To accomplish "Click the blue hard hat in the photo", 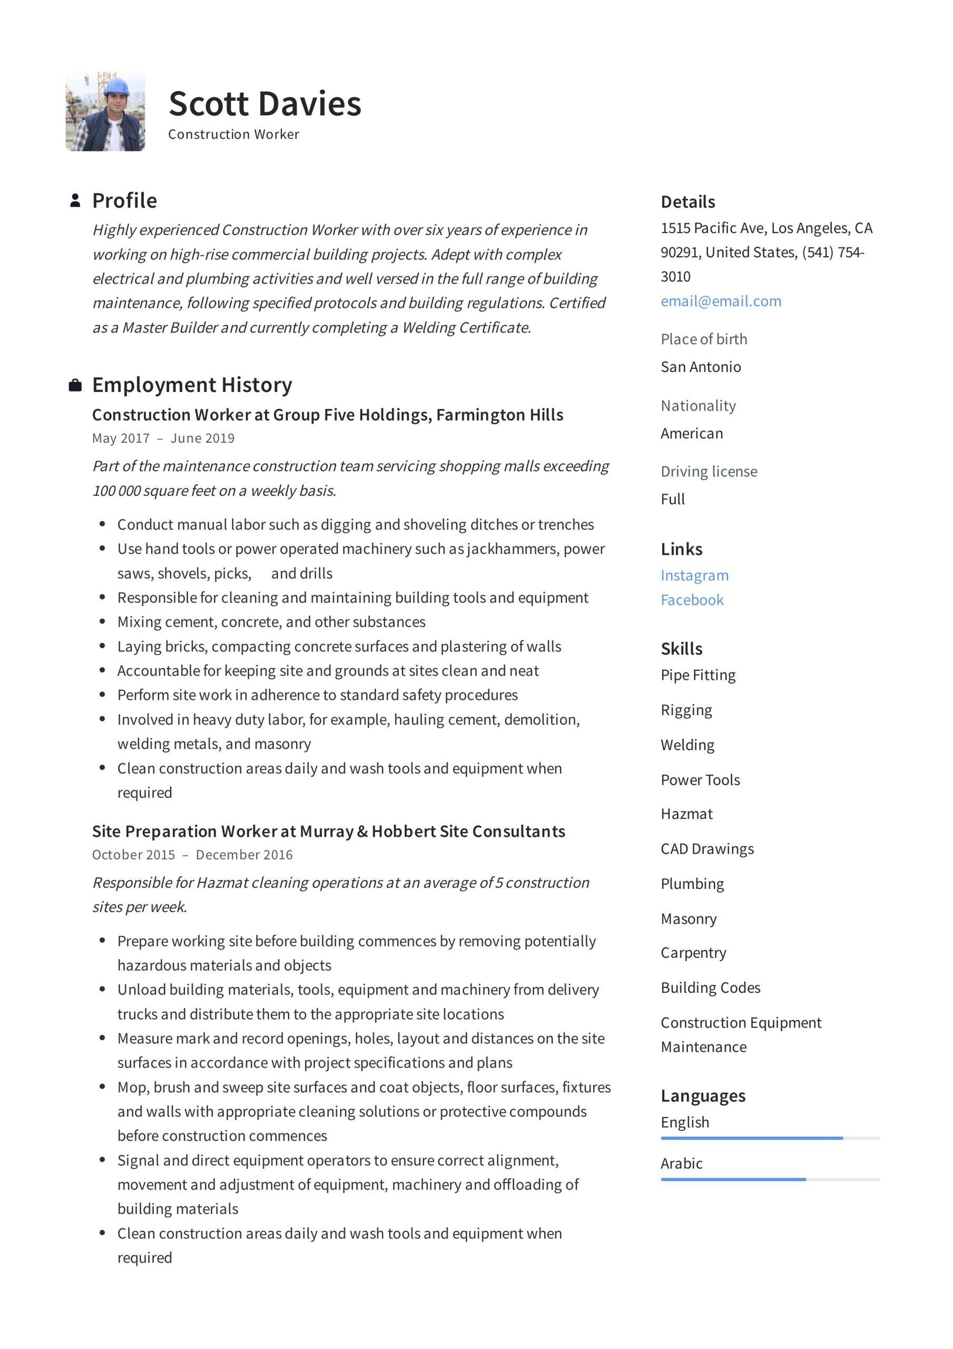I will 116,87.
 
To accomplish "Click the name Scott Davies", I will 264,104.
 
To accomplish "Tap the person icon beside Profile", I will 75,200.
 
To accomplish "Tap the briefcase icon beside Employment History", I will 75,385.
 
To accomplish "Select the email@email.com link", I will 720,301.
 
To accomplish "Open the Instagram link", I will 694,575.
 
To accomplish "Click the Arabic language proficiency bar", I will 770,1179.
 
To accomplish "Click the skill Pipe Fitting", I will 697,675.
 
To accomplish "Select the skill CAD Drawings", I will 707,849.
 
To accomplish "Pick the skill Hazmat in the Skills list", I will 686,814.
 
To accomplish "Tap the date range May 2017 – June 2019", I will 163,438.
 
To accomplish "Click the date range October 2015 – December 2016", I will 192,855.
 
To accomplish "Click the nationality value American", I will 692,434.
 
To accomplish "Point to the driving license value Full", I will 673,500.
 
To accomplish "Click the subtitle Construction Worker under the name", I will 233,134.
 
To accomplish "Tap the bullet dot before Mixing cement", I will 102,622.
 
